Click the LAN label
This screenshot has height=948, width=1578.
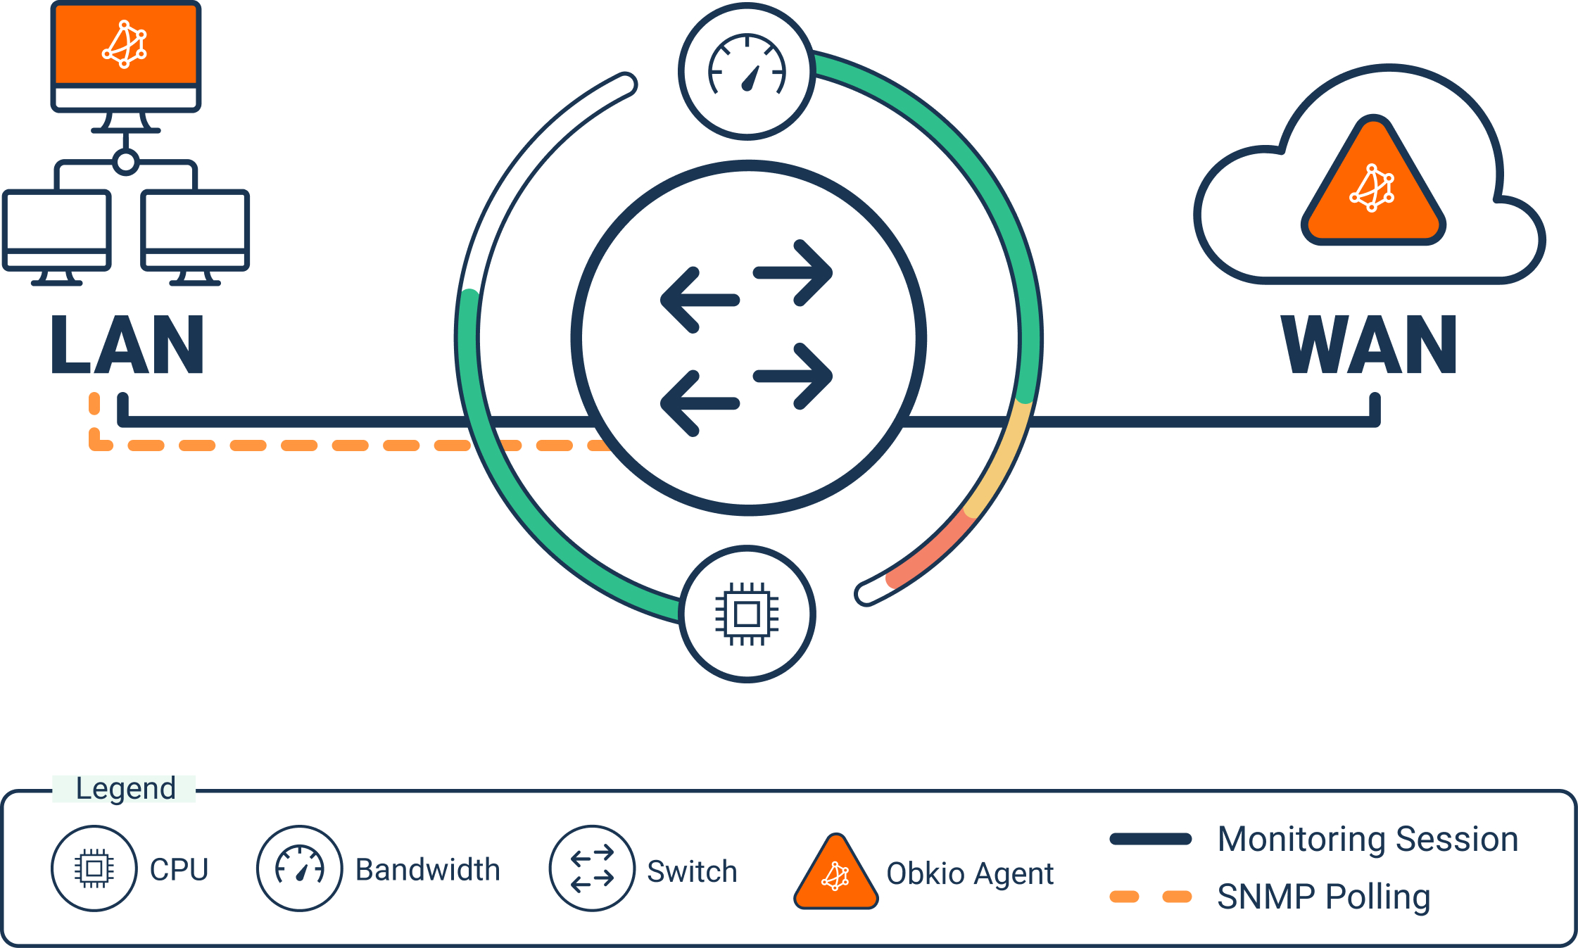click(x=127, y=345)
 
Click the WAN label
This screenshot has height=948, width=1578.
click(x=1368, y=345)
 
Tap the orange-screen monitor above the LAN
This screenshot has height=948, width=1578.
click(x=126, y=46)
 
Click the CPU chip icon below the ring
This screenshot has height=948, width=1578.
click(x=747, y=614)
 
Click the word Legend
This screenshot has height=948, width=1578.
click(x=125, y=788)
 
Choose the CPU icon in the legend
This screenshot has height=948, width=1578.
click(x=94, y=868)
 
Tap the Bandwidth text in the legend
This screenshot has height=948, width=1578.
click(x=427, y=870)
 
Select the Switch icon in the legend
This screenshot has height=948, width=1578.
click(x=592, y=868)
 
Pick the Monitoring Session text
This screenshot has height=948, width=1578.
click(x=1368, y=839)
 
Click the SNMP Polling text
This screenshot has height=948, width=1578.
click(x=1323, y=897)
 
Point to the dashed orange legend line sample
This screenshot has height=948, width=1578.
click(x=1150, y=897)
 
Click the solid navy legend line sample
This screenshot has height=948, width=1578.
click(x=1150, y=839)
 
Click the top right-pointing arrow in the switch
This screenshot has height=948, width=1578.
click(x=794, y=273)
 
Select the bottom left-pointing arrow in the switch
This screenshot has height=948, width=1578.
click(x=699, y=403)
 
